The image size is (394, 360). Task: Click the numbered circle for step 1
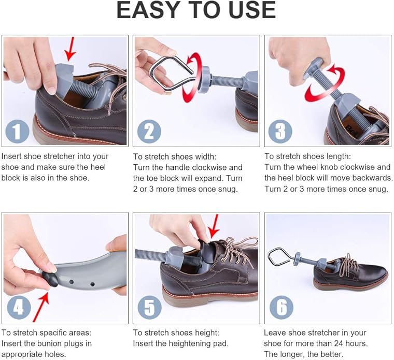click(x=17, y=132)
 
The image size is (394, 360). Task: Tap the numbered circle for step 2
click(x=149, y=132)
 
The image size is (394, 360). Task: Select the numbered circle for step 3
click(x=280, y=132)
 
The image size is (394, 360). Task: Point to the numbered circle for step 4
click(x=19, y=307)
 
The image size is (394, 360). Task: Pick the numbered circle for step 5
click(x=150, y=307)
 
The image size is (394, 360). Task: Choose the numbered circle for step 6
click(x=282, y=307)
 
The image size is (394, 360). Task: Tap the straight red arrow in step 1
click(x=70, y=49)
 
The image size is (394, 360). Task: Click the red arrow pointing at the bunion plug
click(x=41, y=307)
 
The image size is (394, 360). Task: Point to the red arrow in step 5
click(x=214, y=226)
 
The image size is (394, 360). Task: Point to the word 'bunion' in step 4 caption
click(x=50, y=343)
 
